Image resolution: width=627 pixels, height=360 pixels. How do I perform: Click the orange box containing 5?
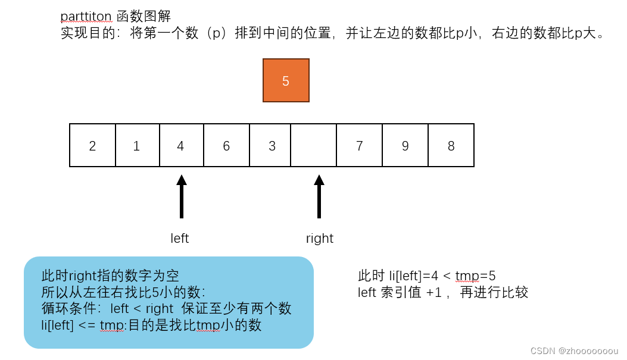coord(286,80)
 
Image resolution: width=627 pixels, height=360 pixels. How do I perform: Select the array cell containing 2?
coord(92,145)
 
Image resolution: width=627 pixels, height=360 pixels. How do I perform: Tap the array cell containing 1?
coord(137,145)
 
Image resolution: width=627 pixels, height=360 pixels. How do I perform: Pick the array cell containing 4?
coord(182,145)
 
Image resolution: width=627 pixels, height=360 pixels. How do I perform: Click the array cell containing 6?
coord(226,145)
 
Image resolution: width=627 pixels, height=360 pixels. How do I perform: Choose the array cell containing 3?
coord(272,145)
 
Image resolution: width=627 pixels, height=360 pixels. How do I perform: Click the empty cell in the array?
coord(314,145)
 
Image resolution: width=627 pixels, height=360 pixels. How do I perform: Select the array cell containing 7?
coord(359,145)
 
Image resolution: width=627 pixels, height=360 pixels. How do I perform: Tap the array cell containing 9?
coord(405,145)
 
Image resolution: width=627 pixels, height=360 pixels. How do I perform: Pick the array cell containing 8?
coord(451,145)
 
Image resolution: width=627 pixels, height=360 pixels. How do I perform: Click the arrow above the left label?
coord(182,196)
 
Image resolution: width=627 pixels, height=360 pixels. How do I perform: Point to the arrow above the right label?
coord(319,196)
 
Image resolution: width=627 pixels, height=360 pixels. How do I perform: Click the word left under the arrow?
coord(179,239)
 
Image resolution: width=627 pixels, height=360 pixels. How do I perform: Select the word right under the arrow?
coord(320,239)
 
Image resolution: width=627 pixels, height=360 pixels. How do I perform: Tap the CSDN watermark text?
coord(574,350)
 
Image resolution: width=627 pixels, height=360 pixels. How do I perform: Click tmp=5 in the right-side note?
coord(476,276)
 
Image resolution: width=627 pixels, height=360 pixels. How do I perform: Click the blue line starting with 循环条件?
coord(166,308)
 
